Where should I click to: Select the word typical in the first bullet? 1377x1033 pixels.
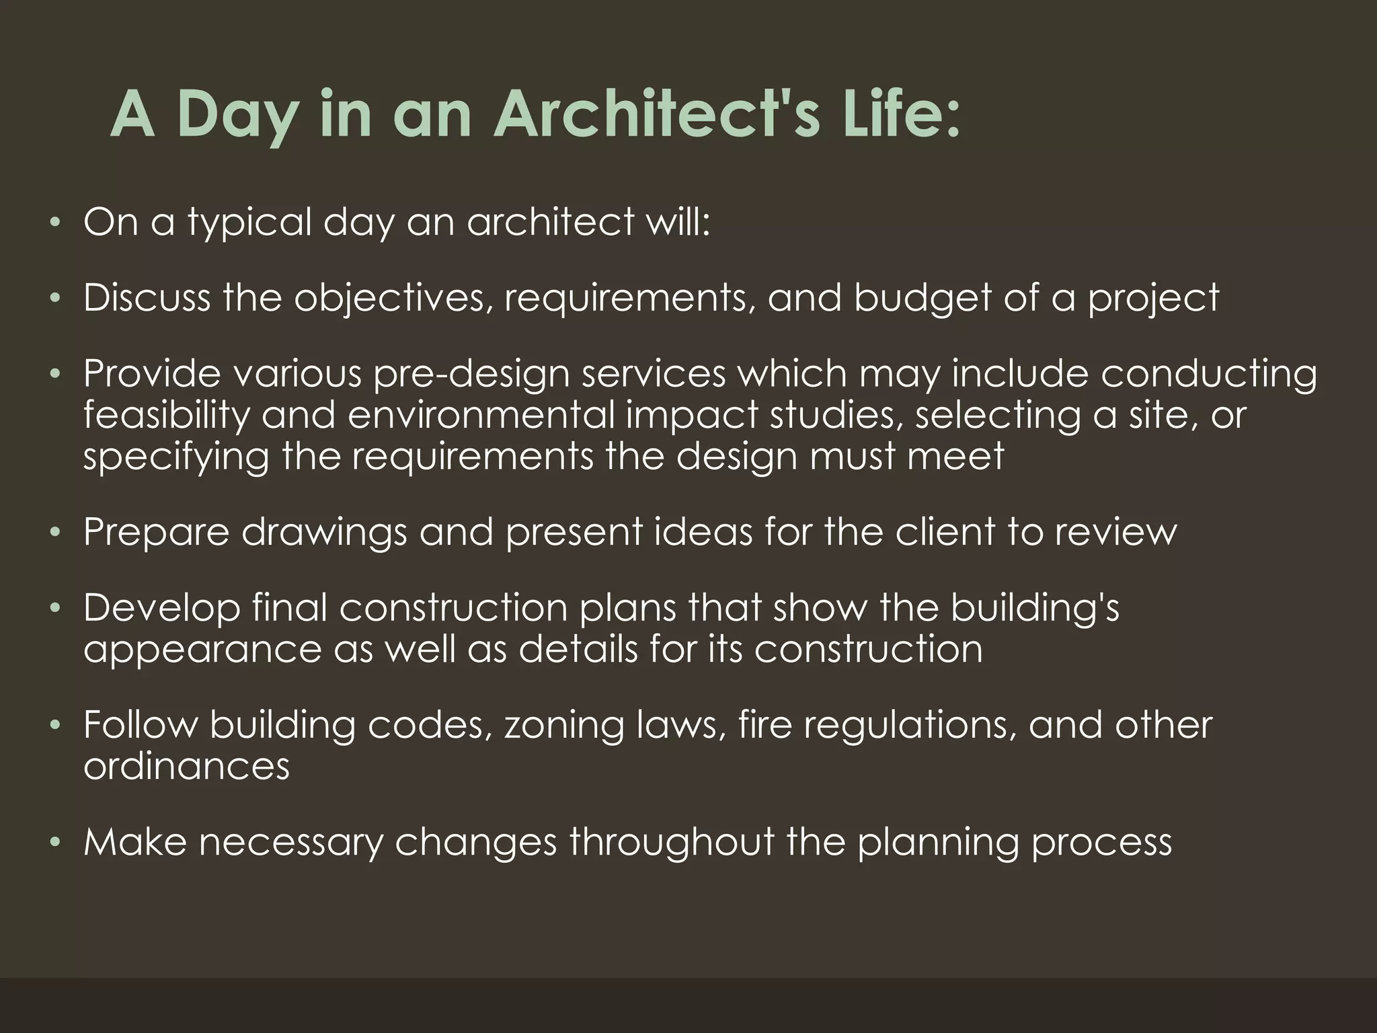tap(249, 223)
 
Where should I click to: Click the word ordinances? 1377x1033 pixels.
tap(186, 767)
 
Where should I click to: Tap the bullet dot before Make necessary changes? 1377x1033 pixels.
tap(56, 842)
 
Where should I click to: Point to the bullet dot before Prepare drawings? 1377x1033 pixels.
tap(56, 532)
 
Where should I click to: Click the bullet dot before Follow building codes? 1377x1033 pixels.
tap(56, 725)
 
